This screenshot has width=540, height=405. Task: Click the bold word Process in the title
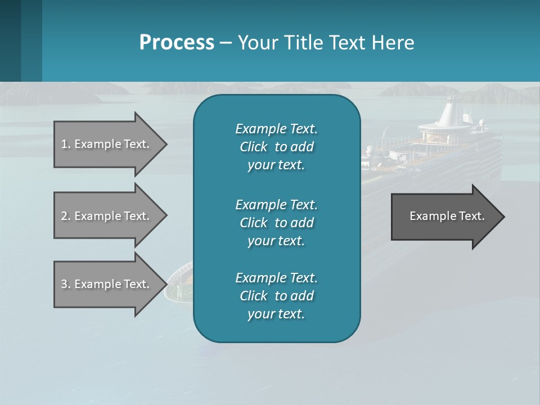coord(177,42)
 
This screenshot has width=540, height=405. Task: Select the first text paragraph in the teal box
coord(276,147)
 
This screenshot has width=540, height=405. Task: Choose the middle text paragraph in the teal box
coord(276,222)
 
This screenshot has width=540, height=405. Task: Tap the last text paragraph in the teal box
coord(276,296)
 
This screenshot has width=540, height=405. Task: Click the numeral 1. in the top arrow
coord(65,144)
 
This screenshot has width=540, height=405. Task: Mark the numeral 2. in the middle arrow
coord(65,216)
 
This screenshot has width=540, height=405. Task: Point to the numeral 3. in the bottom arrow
coord(65,284)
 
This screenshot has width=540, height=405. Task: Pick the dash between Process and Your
coord(226,43)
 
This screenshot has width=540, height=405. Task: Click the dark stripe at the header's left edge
coord(10,40)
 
